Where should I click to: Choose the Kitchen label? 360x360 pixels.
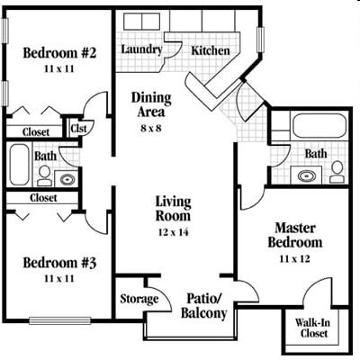tap(211, 51)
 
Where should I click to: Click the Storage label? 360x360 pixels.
tap(139, 299)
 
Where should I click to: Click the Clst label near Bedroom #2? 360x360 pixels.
tap(77, 129)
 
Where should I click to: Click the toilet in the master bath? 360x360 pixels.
tap(337, 168)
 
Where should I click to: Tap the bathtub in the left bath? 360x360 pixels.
tap(20, 165)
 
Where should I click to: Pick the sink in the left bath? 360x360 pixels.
tap(67, 176)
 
